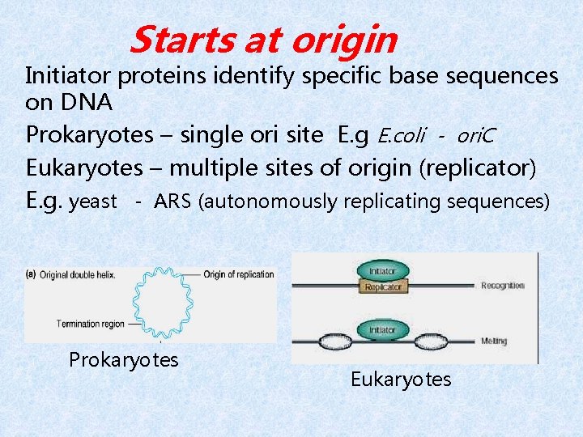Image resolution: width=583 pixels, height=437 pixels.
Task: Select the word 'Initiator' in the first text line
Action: pos(70,76)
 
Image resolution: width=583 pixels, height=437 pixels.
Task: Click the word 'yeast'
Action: pos(94,201)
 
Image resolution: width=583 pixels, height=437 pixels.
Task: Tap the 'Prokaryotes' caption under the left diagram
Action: pos(124,359)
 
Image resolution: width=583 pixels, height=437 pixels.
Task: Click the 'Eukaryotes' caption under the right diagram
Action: pos(401,379)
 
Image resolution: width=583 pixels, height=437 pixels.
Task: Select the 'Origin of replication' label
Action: pos(239,274)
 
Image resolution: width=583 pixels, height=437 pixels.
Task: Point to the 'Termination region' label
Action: pos(90,324)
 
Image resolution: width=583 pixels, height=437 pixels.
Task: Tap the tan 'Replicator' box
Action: pos(382,287)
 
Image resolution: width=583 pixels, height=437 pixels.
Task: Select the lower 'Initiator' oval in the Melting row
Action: pos(382,329)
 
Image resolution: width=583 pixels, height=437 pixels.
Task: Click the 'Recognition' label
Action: pos(503,286)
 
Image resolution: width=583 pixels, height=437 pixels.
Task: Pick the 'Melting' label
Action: pos(494,342)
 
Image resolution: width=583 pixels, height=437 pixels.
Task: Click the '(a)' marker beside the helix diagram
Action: pos(31,274)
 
